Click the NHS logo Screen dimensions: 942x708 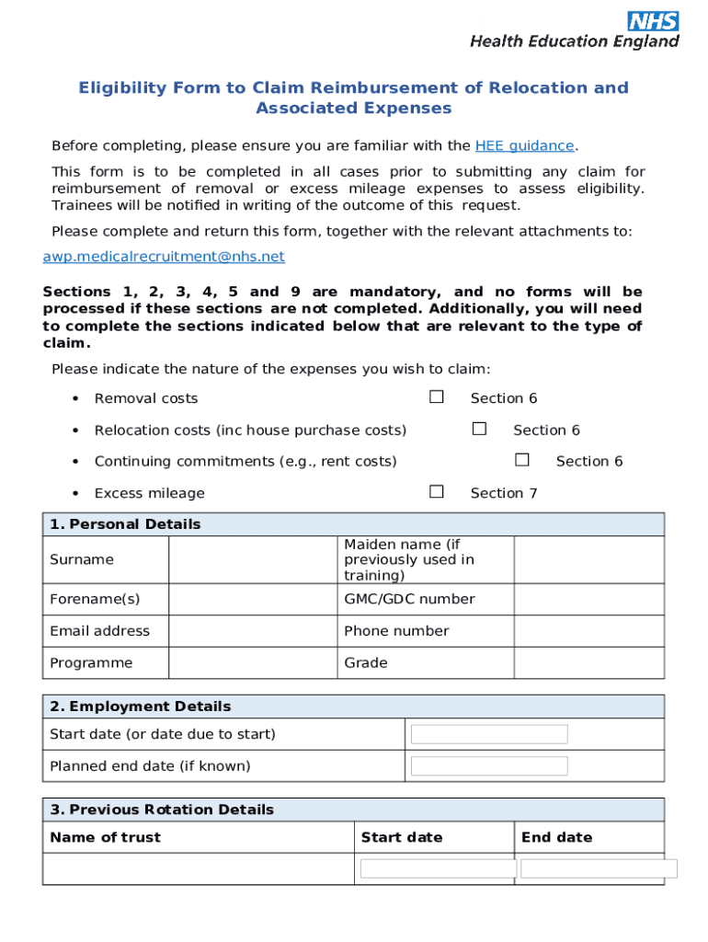(x=654, y=22)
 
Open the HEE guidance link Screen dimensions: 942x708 (x=524, y=145)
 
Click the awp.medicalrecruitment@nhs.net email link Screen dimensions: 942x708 (x=164, y=257)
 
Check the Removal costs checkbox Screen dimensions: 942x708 (x=437, y=397)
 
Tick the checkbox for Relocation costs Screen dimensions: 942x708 (x=479, y=429)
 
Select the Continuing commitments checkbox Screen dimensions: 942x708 (x=522, y=460)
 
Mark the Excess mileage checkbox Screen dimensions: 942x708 (x=437, y=492)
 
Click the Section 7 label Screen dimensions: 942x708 (x=503, y=493)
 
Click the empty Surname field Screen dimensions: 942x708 (x=253, y=559)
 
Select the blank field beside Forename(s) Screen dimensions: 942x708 (x=253, y=599)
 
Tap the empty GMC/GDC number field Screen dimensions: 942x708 (x=588, y=599)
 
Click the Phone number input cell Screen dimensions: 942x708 (x=588, y=631)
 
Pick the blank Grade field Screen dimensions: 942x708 (x=588, y=662)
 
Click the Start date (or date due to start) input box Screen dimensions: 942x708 (x=489, y=734)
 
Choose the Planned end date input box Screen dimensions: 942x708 (x=489, y=766)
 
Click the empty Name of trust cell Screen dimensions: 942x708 (x=198, y=868)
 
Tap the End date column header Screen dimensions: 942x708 (x=556, y=837)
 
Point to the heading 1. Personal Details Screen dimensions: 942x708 (x=125, y=524)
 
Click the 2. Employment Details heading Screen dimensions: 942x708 (x=141, y=706)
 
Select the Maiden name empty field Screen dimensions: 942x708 (x=588, y=559)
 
